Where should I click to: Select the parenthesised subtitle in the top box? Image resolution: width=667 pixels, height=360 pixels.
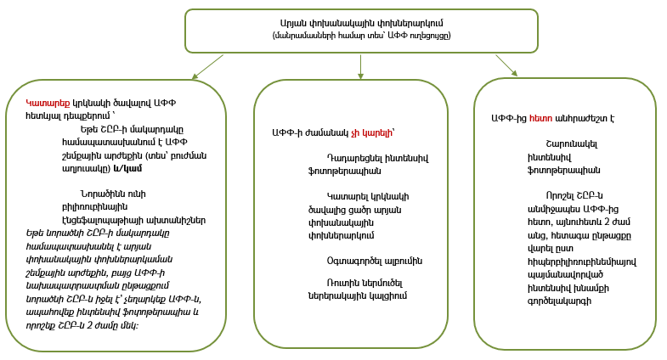click(361, 36)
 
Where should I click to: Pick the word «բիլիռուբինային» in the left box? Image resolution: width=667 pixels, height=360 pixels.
click(97, 206)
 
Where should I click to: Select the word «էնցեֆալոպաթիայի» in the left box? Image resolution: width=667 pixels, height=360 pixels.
click(99, 219)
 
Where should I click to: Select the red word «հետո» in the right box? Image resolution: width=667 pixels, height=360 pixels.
click(541, 119)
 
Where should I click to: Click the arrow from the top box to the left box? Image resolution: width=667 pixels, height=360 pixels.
click(208, 67)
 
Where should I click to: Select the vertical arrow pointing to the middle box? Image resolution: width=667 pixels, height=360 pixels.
click(361, 67)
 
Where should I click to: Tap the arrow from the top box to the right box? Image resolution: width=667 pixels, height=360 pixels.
click(506, 65)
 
